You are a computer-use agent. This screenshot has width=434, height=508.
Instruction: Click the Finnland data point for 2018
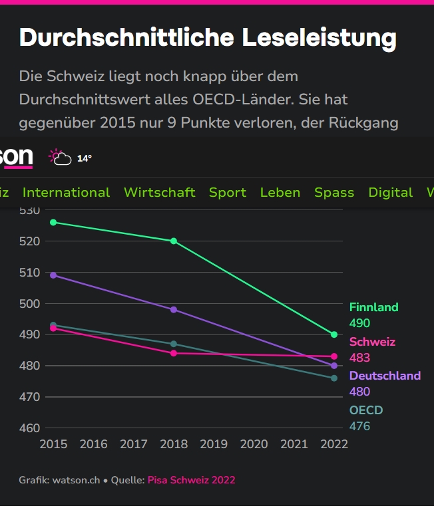174,241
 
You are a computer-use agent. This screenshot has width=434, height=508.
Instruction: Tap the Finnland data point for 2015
53,222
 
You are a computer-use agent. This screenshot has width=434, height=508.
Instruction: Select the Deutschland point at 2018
174,310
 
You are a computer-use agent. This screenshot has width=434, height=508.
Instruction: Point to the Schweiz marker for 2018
174,353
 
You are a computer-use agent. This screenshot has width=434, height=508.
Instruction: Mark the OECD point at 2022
334,378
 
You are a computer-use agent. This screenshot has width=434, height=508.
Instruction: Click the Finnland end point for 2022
334,334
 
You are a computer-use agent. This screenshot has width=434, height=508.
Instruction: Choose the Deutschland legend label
385,376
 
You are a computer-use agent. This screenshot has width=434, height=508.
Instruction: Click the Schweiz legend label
372,342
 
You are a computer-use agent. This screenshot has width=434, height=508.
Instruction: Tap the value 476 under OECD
359,426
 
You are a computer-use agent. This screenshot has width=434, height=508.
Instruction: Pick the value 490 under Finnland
359,323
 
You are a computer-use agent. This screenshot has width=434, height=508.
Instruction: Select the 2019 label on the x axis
214,444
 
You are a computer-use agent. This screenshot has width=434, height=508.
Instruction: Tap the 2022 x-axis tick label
334,444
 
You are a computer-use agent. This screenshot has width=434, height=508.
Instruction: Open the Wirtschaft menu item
160,192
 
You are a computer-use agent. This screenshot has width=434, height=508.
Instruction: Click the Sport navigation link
228,192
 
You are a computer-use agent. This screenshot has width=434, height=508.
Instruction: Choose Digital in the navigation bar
391,192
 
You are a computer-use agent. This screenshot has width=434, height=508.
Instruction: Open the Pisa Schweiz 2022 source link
191,480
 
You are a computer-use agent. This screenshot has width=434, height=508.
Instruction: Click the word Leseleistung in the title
319,37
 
